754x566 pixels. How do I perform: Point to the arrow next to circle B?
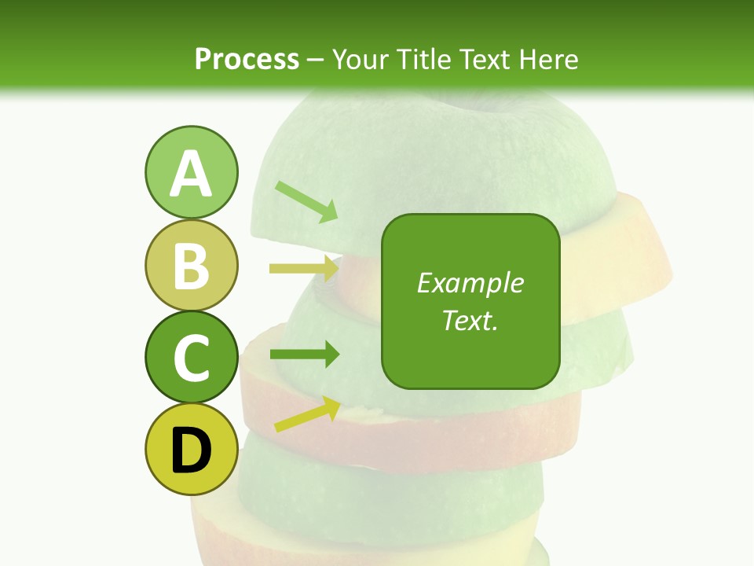point(304,268)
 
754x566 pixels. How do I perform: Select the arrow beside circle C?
point(304,355)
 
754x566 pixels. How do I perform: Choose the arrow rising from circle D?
point(307,414)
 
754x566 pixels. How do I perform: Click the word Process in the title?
point(247,59)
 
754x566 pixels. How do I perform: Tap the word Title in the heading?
point(423,59)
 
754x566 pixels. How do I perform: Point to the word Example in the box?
point(470,283)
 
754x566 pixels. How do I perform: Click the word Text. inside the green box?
point(470,320)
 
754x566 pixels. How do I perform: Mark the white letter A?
point(191,174)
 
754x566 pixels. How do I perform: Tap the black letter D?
point(191,451)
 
